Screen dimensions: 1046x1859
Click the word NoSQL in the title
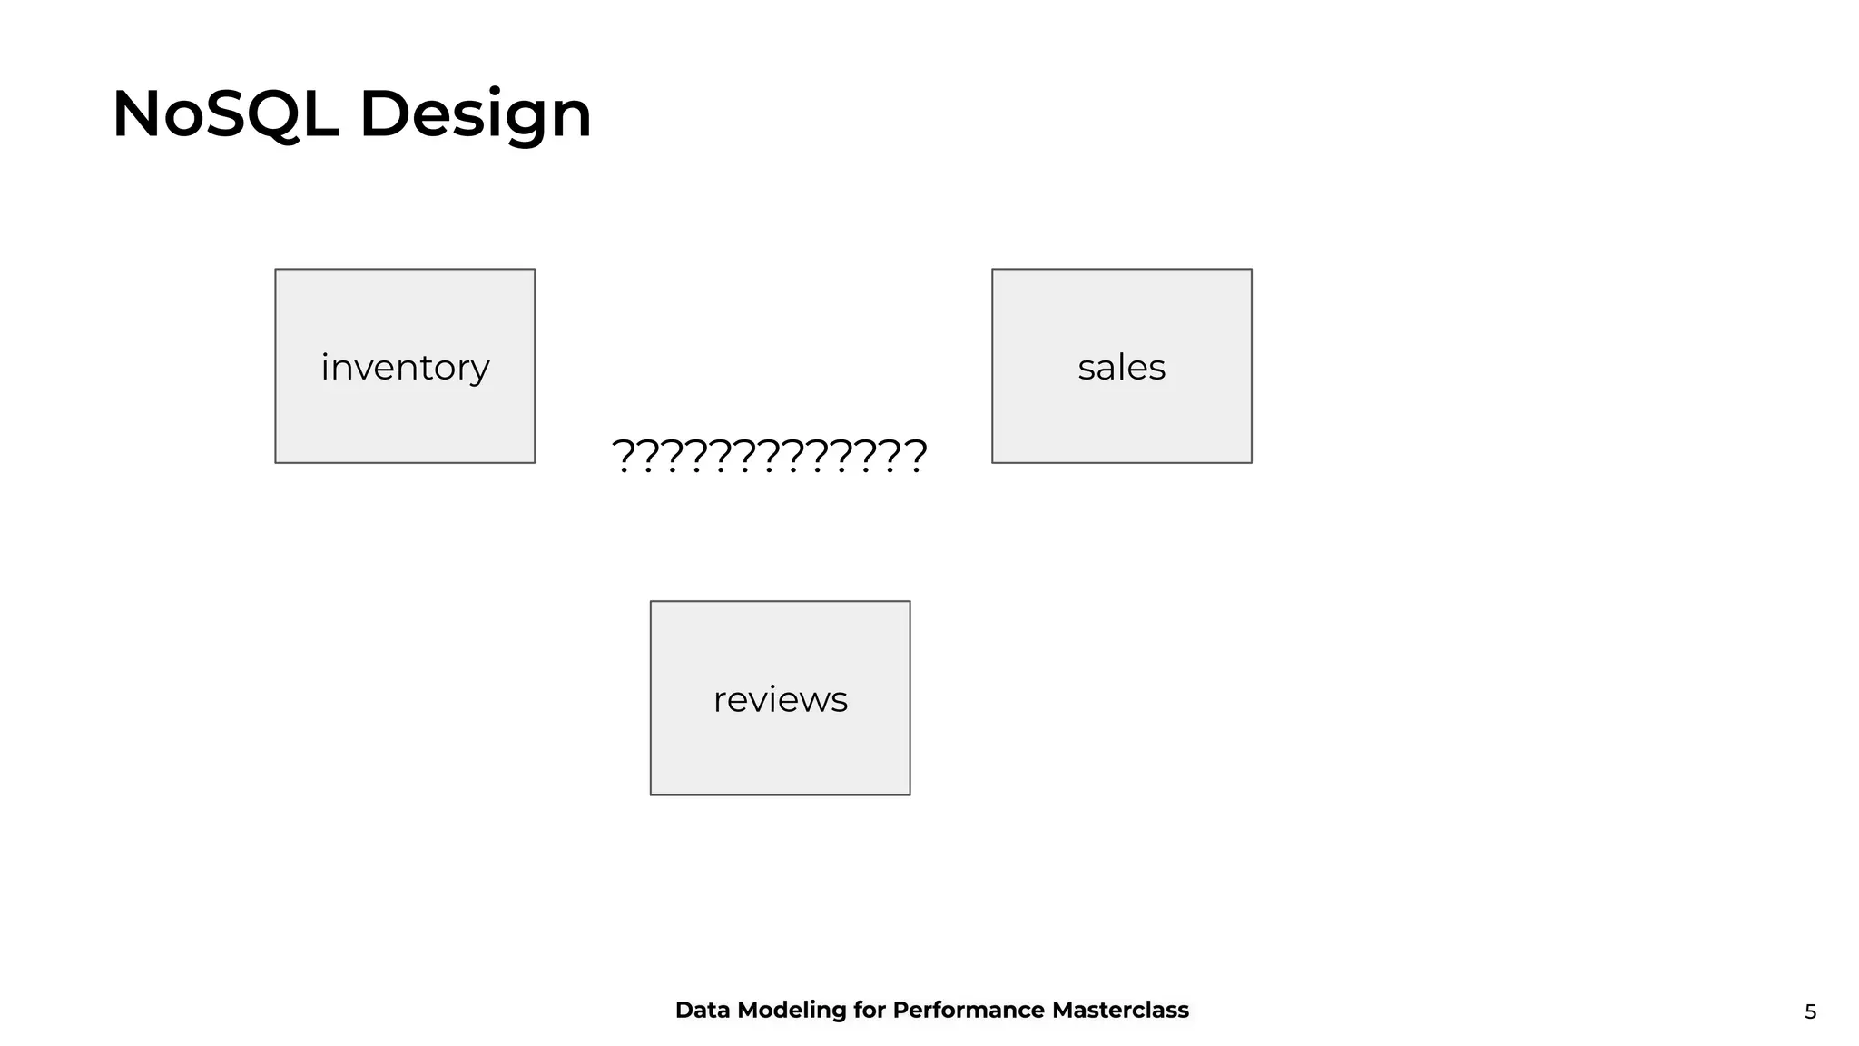[x=225, y=114]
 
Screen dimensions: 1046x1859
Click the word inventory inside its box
[x=405, y=367]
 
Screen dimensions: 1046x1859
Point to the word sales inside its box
[x=1121, y=367]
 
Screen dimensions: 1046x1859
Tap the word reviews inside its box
[x=780, y=699]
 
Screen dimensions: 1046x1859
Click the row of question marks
[x=770, y=455]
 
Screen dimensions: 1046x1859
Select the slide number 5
[x=1810, y=1011]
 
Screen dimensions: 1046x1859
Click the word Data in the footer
[x=702, y=1010]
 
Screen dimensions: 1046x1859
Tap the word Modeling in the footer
[x=791, y=1011]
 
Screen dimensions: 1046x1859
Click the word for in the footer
[x=869, y=1010]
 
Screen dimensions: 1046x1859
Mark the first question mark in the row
[x=624, y=455]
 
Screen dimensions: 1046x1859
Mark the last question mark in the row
[x=916, y=455]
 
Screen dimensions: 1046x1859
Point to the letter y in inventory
[x=480, y=370]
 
